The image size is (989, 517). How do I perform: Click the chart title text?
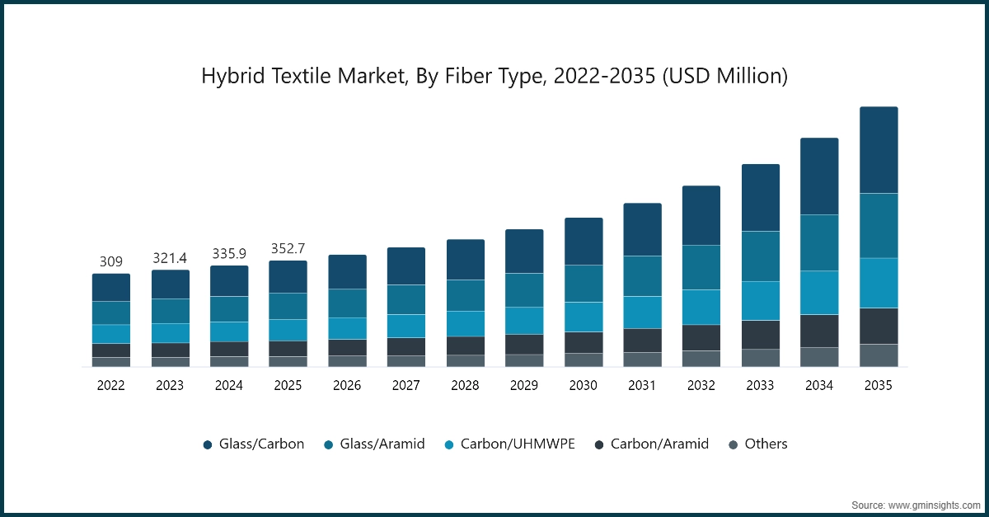point(494,77)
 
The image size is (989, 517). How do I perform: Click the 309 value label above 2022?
point(111,262)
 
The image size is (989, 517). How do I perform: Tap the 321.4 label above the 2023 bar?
point(170,259)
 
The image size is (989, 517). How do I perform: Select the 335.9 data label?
point(229,254)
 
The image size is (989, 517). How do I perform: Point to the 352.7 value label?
point(288,249)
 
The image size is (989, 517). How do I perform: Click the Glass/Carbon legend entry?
point(254,444)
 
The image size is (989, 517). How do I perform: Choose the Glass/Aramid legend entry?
point(374,444)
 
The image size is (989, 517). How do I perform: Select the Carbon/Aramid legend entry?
point(650,444)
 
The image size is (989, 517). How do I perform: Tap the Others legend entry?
point(757,444)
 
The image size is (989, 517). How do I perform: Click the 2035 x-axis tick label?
point(879,385)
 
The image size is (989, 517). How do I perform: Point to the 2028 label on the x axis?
point(465,385)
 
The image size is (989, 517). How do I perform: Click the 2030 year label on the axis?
point(584,385)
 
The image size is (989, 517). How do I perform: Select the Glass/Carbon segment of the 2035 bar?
point(879,150)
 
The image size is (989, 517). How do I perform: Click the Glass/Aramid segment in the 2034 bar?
point(819,242)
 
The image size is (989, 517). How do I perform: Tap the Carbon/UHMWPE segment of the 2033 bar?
point(761,300)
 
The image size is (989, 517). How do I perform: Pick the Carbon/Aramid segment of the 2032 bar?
point(701,337)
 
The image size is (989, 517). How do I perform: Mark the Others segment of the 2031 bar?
point(642,360)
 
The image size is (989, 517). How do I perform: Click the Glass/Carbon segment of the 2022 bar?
point(111,287)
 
